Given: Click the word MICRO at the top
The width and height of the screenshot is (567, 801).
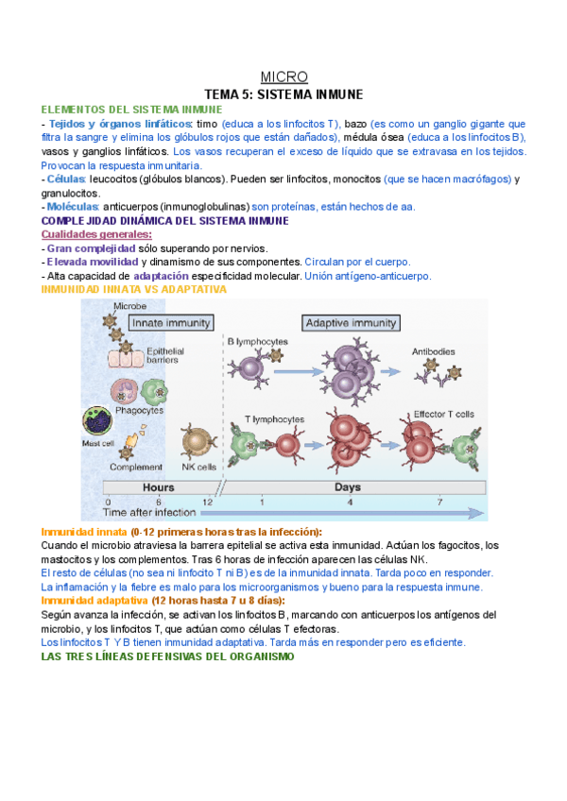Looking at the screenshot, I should pos(283,77).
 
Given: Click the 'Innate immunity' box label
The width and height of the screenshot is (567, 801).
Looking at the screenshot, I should pos(171,323).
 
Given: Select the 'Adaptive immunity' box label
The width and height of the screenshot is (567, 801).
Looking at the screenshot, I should pos(349,323).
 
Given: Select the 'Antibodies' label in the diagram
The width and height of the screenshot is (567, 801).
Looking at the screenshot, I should pos(434,351).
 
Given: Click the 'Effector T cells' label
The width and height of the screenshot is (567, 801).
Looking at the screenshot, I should pos(443,414).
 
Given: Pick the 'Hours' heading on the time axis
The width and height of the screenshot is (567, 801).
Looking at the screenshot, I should pos(158,487).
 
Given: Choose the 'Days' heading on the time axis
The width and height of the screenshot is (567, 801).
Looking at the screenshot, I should pos(347,487).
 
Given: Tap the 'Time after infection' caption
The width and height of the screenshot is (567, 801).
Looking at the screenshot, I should pos(151,513).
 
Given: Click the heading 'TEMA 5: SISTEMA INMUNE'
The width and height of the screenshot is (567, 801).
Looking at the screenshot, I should pos(283,94).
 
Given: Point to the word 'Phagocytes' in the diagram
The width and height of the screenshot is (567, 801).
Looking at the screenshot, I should pos(140,410).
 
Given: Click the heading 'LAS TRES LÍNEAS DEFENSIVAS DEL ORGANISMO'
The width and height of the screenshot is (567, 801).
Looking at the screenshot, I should pos(168,656).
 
